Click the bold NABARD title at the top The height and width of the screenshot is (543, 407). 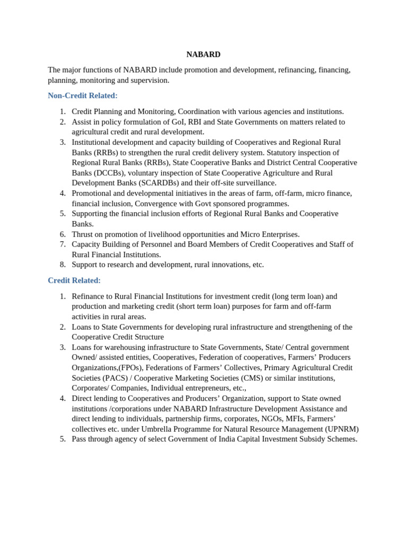[x=203, y=55]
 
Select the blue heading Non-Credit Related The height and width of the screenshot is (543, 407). [x=83, y=95]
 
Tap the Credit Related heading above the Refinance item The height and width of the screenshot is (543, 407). [x=74, y=280]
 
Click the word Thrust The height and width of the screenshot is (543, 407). [x=83, y=234]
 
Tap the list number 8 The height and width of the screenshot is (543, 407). [x=63, y=265]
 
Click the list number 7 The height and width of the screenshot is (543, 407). [x=63, y=244]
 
